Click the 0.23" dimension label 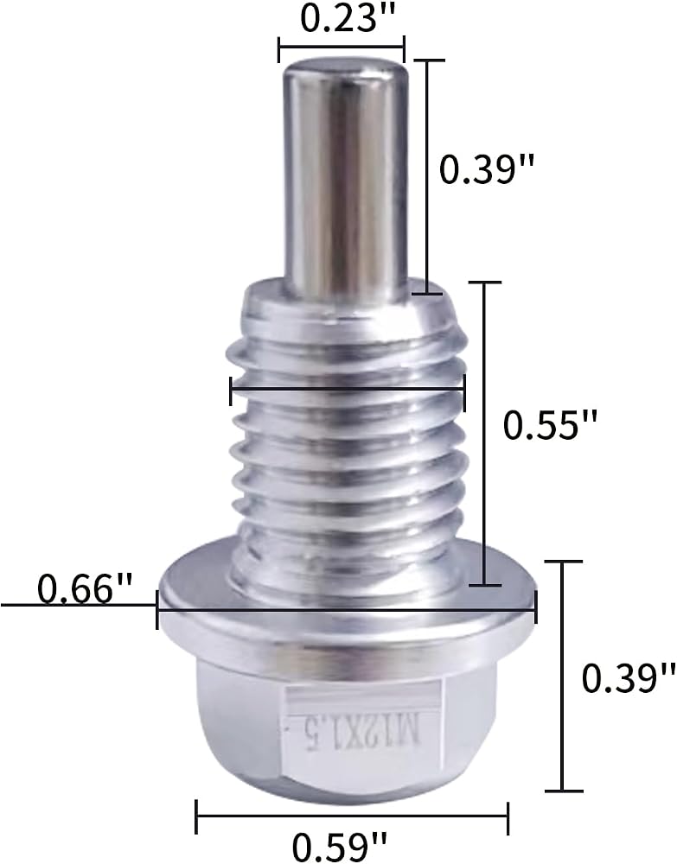[342, 17]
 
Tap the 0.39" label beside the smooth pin [488, 168]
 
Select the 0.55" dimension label [550, 425]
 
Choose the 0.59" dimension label [340, 846]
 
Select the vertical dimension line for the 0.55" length [484, 434]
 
